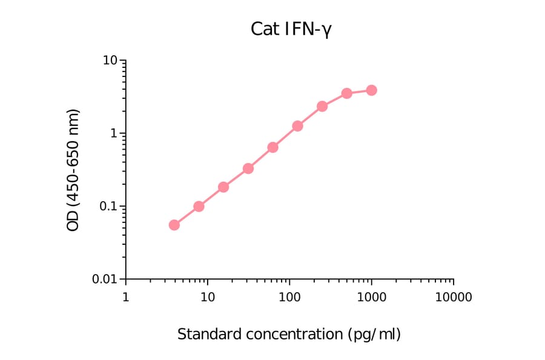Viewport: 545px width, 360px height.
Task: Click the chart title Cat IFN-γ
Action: [x=291, y=29]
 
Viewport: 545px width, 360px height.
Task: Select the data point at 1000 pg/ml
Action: [x=371, y=90]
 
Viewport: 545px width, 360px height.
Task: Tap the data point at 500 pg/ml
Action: [x=346, y=93]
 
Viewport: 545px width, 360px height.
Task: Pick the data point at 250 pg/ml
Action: [x=322, y=106]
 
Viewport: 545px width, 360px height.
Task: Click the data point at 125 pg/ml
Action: [x=297, y=126]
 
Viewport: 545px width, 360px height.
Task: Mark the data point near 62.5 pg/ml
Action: [x=272, y=147]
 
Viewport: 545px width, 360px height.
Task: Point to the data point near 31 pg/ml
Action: [x=248, y=168]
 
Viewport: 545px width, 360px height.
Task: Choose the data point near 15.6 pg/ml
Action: [x=223, y=187]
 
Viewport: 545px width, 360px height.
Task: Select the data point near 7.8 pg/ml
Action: [x=199, y=206]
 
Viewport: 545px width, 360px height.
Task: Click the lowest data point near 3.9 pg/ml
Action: [x=174, y=225]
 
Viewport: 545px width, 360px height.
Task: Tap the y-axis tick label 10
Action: [x=110, y=61]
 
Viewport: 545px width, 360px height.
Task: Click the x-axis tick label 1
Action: [x=125, y=298]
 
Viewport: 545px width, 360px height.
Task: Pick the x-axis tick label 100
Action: [x=289, y=298]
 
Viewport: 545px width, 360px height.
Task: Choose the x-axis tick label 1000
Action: [x=371, y=298]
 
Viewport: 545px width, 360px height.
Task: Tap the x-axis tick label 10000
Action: [x=454, y=298]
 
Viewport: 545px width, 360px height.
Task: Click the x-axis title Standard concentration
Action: [x=289, y=334]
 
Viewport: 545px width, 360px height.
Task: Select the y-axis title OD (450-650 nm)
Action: [x=73, y=170]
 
